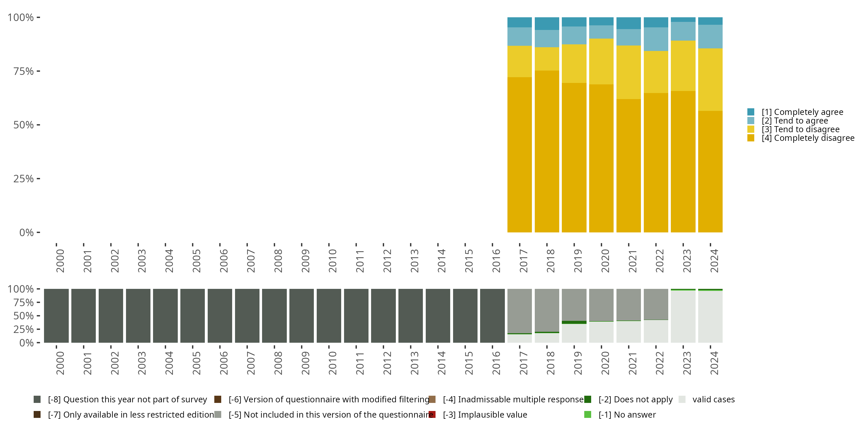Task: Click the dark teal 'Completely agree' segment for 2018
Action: click(547, 24)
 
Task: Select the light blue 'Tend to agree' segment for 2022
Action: click(656, 39)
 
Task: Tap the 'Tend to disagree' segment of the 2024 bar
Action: click(710, 79)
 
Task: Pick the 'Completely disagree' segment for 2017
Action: click(519, 154)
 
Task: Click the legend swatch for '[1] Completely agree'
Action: click(751, 112)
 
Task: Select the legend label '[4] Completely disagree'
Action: click(808, 138)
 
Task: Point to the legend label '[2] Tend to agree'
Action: click(795, 121)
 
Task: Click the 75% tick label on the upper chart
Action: click(24, 71)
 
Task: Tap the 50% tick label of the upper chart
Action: click(24, 125)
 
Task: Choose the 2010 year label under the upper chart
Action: click(332, 261)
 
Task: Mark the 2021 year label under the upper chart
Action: click(632, 261)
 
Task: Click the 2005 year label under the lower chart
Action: click(196, 363)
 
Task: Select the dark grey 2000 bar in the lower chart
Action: click(56, 316)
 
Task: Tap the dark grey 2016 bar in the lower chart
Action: click(492, 316)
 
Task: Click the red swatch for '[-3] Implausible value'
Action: click(432, 414)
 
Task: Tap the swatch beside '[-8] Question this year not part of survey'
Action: click(37, 399)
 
